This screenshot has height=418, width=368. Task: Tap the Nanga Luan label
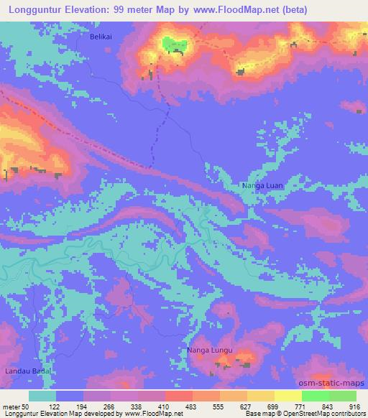point(263,186)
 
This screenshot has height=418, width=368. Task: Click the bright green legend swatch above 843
point(316,396)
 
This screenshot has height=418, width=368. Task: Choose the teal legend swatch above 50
point(42,396)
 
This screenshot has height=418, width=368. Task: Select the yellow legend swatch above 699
point(261,396)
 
